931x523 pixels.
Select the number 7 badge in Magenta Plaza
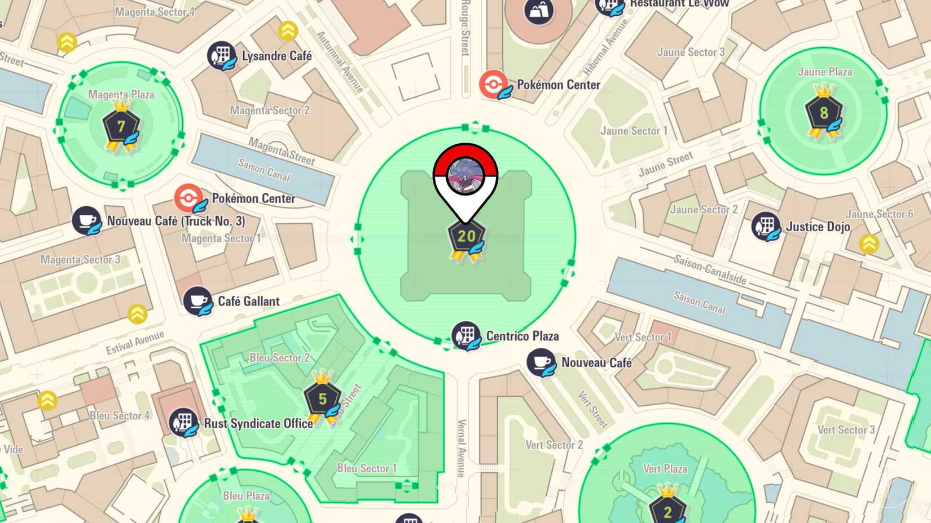point(121,126)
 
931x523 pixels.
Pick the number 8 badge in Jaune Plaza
point(824,113)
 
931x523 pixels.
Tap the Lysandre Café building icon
point(221,56)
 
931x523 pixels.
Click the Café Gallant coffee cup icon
point(197,301)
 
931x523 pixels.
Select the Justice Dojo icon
point(766,227)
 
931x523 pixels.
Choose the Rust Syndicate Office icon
point(183,423)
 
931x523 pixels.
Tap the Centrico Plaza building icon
point(466,336)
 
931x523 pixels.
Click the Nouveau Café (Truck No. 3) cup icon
point(86,220)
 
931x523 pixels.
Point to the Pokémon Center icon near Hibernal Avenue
point(494,85)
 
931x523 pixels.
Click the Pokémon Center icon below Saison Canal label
point(189,198)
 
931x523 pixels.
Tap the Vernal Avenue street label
point(462,449)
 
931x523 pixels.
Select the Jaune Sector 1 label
point(634,131)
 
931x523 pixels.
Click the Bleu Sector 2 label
point(279,358)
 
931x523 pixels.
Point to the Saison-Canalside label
point(710,269)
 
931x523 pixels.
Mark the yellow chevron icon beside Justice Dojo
point(868,244)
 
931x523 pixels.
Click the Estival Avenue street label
point(135,343)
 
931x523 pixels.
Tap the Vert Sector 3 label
point(846,430)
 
